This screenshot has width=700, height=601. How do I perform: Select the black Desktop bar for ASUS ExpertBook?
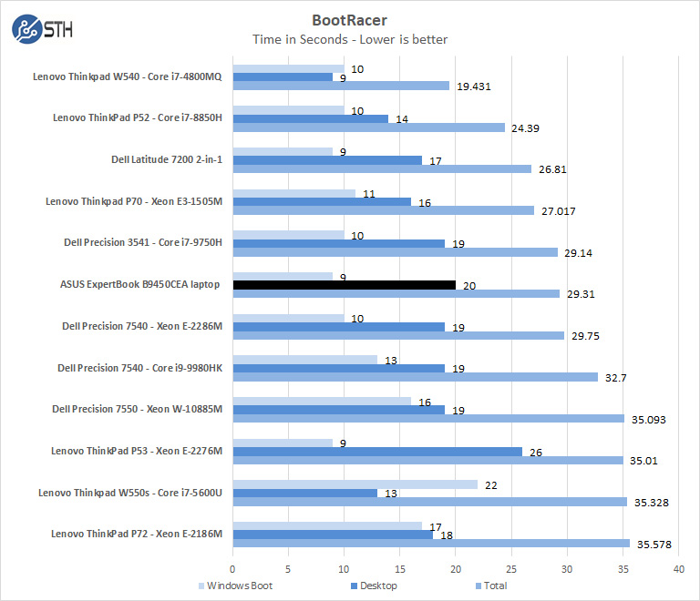coord(344,284)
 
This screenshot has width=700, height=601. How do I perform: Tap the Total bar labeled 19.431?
coord(341,86)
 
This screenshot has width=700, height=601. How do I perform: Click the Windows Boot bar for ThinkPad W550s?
coord(355,484)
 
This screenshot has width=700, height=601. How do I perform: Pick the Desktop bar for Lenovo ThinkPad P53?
coord(377,451)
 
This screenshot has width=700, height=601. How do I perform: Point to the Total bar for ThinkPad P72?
coord(430,544)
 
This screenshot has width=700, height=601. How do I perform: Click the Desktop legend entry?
coord(374,586)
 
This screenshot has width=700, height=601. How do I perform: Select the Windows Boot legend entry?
coord(235,586)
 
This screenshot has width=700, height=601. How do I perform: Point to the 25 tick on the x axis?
coord(511,568)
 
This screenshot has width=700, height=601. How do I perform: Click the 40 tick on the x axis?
coord(678,568)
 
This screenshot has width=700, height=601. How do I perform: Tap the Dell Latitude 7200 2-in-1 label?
coord(166,159)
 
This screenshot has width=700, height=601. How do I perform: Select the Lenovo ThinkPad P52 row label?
coord(137,117)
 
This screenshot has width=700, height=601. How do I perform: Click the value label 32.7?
coord(613,377)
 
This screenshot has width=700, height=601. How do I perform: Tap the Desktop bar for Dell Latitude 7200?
coord(327,160)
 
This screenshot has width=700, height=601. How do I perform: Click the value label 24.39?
coord(525,127)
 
